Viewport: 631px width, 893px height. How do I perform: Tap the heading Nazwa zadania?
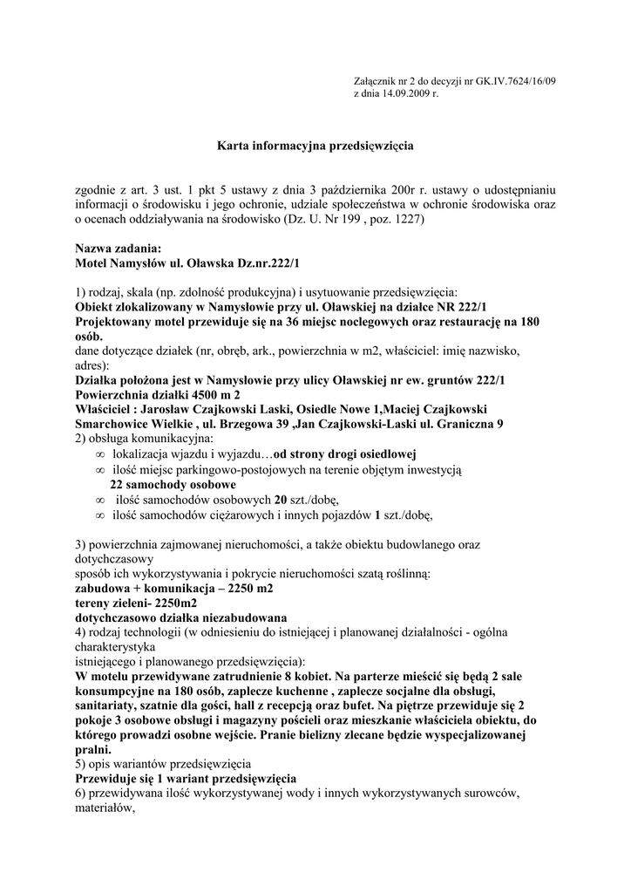pyautogui.click(x=119, y=249)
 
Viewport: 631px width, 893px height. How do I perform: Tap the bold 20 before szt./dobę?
pyautogui.click(x=281, y=499)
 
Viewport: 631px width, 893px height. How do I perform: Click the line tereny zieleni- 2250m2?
pyautogui.click(x=135, y=603)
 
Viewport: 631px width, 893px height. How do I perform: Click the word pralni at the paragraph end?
pyautogui.click(x=92, y=749)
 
